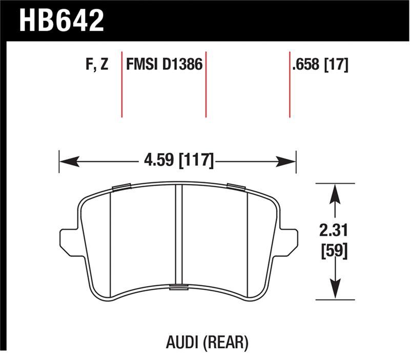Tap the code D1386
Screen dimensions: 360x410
pos(181,65)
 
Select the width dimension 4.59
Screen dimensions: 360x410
pos(157,161)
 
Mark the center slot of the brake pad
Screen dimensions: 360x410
pos(179,236)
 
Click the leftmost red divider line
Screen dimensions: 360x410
pos(121,84)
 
